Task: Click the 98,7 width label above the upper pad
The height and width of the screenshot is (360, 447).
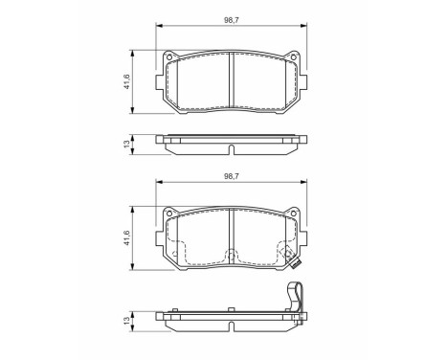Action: pyautogui.click(x=232, y=17)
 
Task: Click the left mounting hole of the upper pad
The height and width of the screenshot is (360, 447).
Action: pyautogui.click(x=170, y=66)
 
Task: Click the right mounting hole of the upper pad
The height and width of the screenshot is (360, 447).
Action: pyautogui.click(x=294, y=66)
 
